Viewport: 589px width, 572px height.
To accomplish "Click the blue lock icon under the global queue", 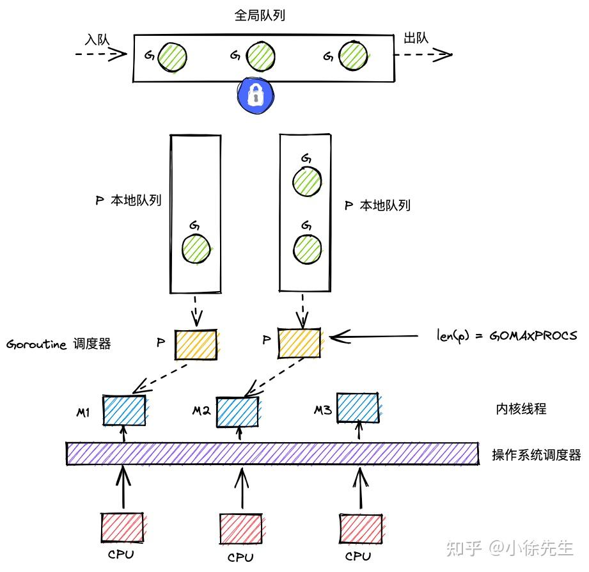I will [x=256, y=94].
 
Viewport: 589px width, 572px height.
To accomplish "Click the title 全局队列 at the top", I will [x=260, y=16].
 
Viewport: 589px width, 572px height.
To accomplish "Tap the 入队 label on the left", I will [x=97, y=39].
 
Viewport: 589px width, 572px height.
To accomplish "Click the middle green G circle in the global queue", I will [x=262, y=56].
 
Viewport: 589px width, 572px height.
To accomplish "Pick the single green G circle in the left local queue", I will [x=196, y=248].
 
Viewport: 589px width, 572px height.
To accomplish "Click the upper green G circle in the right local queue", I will [x=307, y=181].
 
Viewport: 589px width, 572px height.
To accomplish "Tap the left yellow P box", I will [x=196, y=345].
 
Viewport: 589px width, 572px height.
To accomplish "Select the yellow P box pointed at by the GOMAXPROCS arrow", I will [x=299, y=344].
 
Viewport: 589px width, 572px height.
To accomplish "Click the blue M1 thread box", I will [x=124, y=411].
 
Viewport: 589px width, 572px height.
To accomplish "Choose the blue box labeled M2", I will [x=238, y=412].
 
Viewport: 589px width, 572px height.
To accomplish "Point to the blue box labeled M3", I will [x=358, y=408].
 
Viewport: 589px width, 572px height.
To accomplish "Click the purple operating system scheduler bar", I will [x=272, y=453].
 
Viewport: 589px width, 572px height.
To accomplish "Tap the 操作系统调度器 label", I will [x=536, y=455].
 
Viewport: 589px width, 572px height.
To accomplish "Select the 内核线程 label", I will [x=521, y=409].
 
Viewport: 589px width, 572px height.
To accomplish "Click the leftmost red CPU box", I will [x=122, y=528].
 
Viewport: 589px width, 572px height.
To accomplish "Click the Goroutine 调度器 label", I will [x=59, y=344].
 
